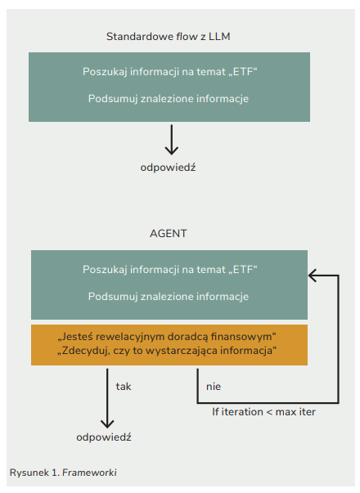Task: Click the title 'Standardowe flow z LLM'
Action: pyautogui.click(x=168, y=37)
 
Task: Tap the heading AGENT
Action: pyautogui.click(x=169, y=234)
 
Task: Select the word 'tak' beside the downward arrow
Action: pyautogui.click(x=124, y=387)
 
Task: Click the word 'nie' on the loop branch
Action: pyautogui.click(x=214, y=387)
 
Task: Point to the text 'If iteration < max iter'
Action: pyautogui.click(x=263, y=412)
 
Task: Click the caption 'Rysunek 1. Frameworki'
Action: pyautogui.click(x=63, y=473)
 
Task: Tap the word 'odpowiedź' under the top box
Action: pyautogui.click(x=168, y=168)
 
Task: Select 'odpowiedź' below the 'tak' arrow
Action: pyautogui.click(x=104, y=437)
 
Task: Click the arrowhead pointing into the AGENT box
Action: pyautogui.click(x=312, y=276)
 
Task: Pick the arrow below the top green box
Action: pyautogui.click(x=172, y=140)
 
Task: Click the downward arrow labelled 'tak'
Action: pyautogui.click(x=107, y=398)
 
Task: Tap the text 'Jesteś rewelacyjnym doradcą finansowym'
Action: pyautogui.click(x=167, y=337)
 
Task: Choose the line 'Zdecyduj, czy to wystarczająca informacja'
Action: pyautogui.click(x=167, y=351)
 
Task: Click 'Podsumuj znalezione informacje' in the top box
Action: pyautogui.click(x=169, y=99)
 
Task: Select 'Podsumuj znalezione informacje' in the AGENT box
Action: pyautogui.click(x=169, y=297)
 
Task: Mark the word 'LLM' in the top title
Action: pyautogui.click(x=219, y=37)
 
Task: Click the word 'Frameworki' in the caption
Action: pyautogui.click(x=89, y=473)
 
